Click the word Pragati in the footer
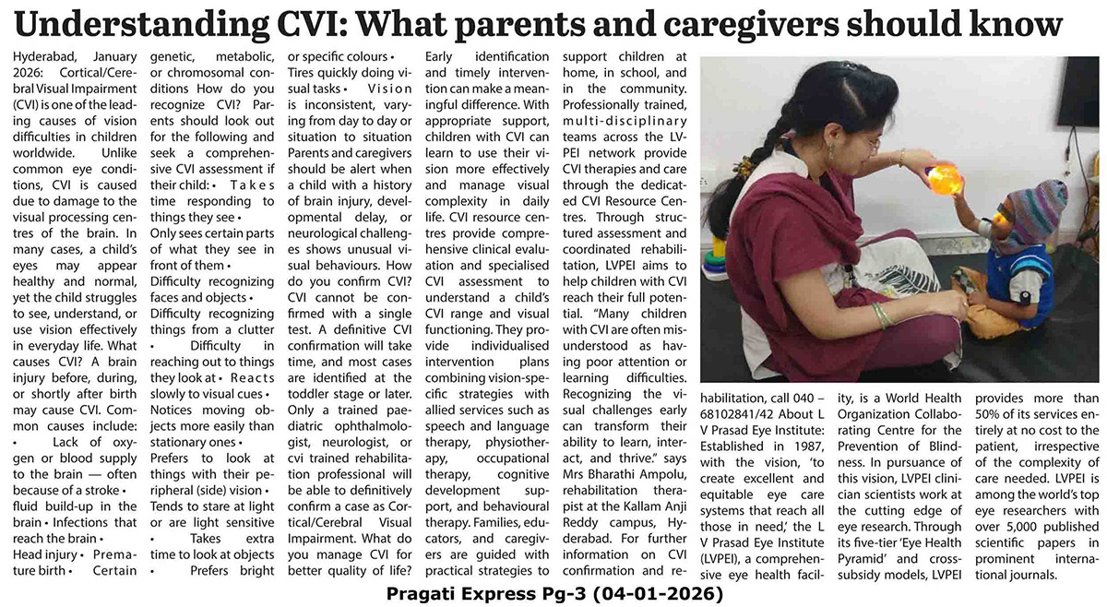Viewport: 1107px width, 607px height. click(424, 595)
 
